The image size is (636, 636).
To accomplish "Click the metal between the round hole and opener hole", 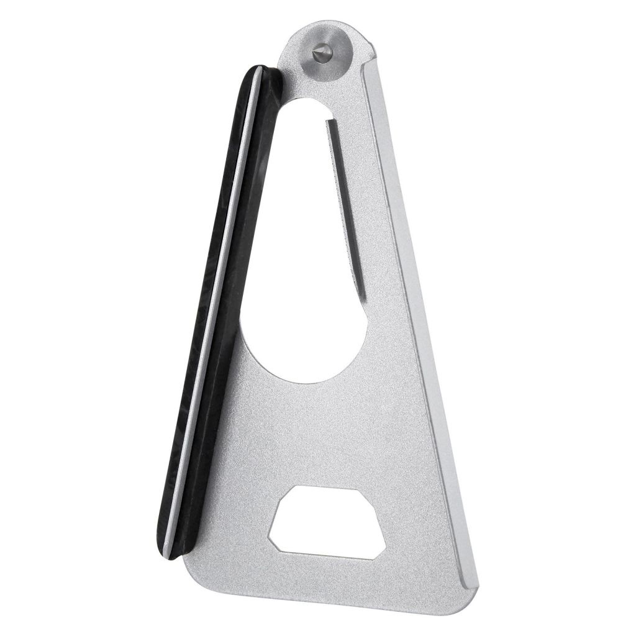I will pyautogui.click(x=329, y=435).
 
